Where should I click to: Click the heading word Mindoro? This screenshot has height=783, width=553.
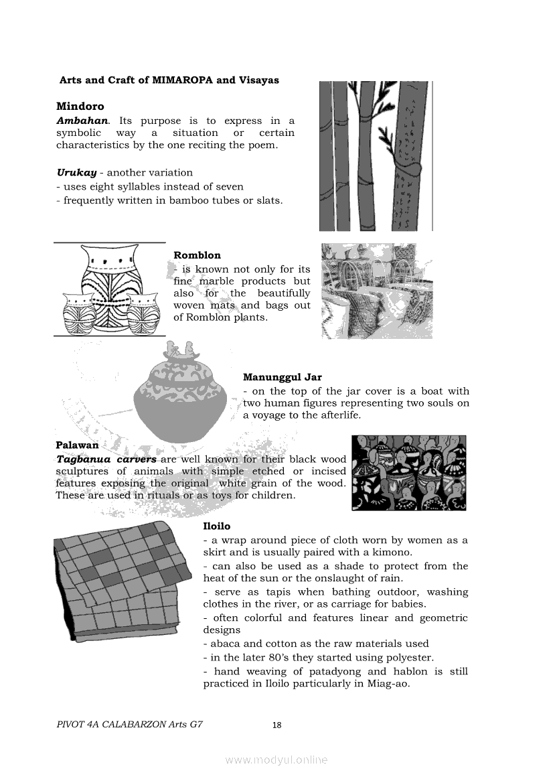[80, 106]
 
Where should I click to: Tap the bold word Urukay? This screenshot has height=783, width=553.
[76, 173]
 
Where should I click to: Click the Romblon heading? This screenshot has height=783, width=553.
[197, 255]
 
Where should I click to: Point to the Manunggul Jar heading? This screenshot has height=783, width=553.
[282, 377]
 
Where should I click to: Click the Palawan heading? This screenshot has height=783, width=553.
[78, 445]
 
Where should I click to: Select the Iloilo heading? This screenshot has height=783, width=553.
[216, 526]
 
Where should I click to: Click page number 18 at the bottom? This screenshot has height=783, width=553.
[277, 725]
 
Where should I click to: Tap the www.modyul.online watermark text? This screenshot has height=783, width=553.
[276, 760]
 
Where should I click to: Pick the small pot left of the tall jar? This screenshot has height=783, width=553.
[78, 313]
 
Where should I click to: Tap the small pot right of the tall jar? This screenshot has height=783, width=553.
[143, 313]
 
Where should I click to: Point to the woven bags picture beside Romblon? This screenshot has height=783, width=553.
[377, 290]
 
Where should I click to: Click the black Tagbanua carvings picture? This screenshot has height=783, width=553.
[408, 473]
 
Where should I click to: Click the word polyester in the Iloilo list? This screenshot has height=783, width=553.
[408, 657]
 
